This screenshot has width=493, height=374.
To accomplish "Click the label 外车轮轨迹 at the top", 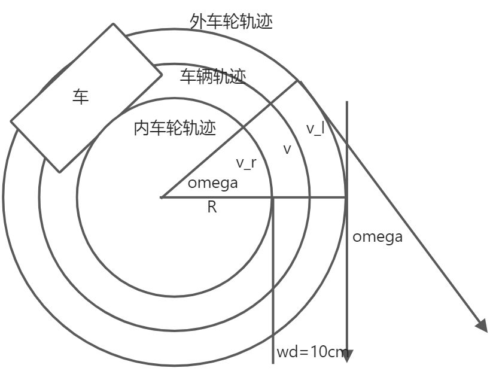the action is tap(231, 22).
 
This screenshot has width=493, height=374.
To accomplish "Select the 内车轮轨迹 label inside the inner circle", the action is tap(175, 128).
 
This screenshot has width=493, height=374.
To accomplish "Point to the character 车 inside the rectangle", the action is tap(81, 97).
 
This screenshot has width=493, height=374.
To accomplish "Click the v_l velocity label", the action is tap(315, 129).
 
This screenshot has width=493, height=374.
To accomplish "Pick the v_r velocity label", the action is tap(246, 162).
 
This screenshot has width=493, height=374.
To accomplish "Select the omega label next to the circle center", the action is tap(212, 183).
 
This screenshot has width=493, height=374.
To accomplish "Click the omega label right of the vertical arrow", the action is tap(377, 236).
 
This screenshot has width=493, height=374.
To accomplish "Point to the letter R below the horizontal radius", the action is tap(212, 208).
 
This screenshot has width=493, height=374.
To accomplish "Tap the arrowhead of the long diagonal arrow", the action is tap(482, 324).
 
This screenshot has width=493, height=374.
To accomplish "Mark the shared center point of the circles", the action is tap(162, 197).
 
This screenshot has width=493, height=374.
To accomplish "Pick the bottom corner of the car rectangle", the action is tap(59, 172).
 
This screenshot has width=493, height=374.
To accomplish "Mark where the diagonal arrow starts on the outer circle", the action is tap(299, 81).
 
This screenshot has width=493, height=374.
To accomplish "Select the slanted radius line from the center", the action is tap(230, 139).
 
